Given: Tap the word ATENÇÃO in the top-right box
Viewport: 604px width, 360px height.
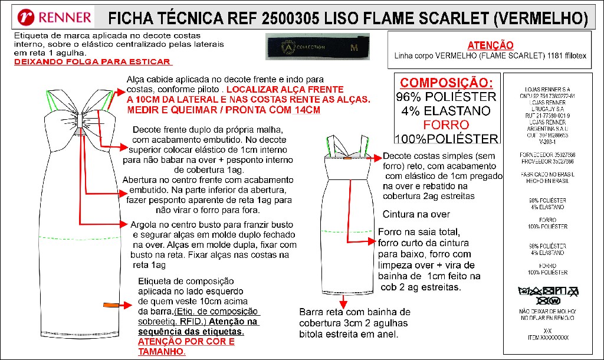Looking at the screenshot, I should (490, 45).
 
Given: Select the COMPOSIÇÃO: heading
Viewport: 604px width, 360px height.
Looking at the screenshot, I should (447, 83).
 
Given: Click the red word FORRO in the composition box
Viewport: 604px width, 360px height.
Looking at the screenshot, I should (447, 125).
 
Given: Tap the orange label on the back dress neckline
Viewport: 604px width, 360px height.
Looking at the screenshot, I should (347, 158).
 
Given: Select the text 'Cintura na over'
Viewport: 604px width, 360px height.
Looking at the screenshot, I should (416, 214).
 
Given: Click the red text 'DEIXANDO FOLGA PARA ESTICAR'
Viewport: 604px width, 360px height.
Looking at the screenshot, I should (93, 61).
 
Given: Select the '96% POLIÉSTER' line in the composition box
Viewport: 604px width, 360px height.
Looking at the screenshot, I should (447, 97).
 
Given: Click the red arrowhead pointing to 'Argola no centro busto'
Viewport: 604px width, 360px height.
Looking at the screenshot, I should (124, 224).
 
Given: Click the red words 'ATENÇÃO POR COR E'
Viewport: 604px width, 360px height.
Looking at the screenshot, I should (186, 342).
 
